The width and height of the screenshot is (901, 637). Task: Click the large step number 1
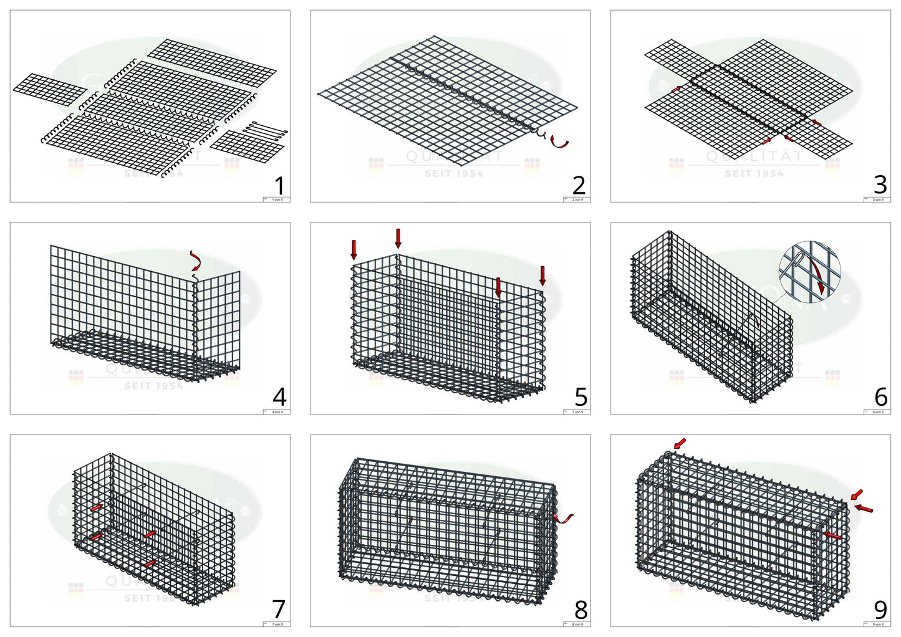[279, 186]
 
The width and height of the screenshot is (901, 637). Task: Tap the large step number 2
[579, 186]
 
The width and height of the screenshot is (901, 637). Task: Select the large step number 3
[880, 185]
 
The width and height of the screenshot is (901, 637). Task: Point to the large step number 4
[279, 397]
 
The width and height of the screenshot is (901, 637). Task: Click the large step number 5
[581, 397]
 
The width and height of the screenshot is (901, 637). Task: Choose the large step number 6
[880, 397]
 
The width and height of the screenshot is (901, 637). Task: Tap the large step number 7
[279, 609]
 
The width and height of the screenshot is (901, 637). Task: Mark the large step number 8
[581, 609]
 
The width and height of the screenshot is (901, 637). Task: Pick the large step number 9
[880, 609]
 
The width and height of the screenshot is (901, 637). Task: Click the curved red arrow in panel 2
[561, 143]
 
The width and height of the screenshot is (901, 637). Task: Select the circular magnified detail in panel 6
[809, 272]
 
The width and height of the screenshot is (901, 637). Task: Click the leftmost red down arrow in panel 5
[354, 249]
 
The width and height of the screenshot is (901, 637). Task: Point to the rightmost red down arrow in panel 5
[542, 275]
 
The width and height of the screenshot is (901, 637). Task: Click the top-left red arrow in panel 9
[680, 443]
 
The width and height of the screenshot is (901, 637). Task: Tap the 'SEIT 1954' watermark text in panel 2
[454, 174]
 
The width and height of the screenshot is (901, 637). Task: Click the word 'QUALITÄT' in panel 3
[754, 157]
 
